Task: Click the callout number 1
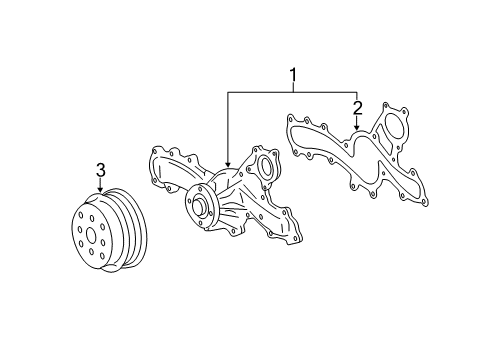pyautogui.click(x=293, y=74)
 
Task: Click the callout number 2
pyautogui.click(x=356, y=107)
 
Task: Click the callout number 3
pyautogui.click(x=101, y=171)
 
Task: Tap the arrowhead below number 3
pyautogui.click(x=101, y=189)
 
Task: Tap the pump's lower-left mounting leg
pyautogui.click(x=210, y=245)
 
